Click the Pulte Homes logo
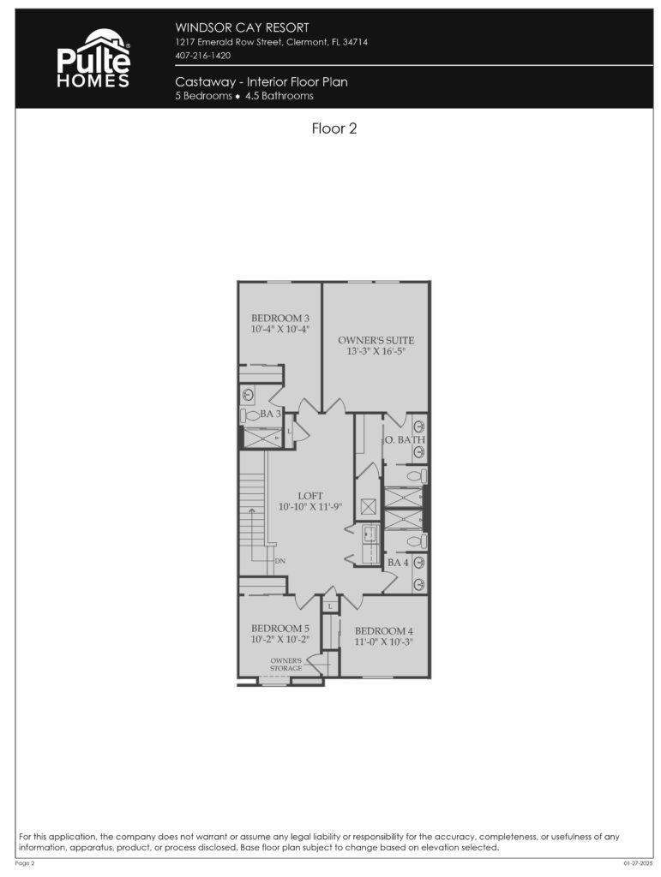point(93,58)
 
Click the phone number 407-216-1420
point(202,56)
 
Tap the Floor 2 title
point(334,129)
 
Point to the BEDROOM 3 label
point(279,318)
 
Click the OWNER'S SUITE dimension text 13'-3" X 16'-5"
point(376,351)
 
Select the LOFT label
point(309,496)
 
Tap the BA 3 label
point(271,414)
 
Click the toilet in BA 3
point(249,415)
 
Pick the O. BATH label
point(404,440)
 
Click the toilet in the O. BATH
point(414,475)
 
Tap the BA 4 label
point(397,563)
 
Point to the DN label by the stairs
point(280,562)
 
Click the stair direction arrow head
point(251,511)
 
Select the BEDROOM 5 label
point(279,629)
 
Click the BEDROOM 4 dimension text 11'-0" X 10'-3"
point(384,641)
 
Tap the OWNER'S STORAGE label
point(286,665)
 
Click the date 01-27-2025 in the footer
point(639,864)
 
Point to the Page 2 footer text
point(25,864)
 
